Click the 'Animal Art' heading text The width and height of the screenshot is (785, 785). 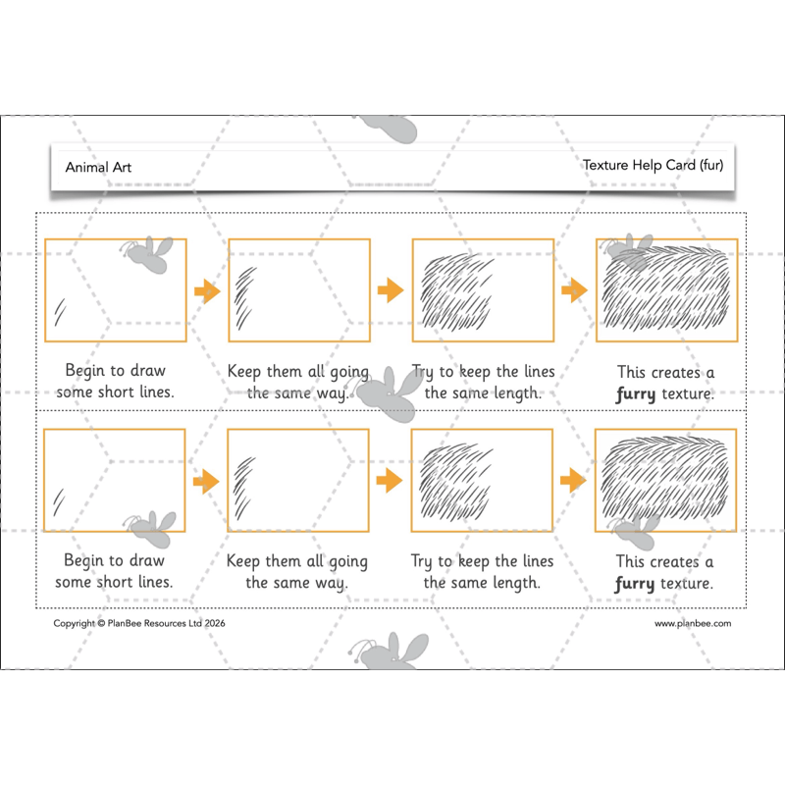click(x=98, y=167)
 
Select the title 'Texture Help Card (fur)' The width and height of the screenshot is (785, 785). click(x=653, y=165)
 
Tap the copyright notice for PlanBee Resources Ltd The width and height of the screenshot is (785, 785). click(x=131, y=623)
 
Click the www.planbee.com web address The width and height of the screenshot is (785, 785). click(x=693, y=623)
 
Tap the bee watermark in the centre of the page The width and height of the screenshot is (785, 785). click(x=389, y=389)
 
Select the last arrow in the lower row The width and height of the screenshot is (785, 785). click(x=574, y=480)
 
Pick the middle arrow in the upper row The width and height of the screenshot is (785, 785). click(x=391, y=290)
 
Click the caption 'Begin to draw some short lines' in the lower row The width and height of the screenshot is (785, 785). click(x=115, y=571)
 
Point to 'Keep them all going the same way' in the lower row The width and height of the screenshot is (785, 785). click(x=297, y=571)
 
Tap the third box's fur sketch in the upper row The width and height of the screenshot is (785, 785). click(x=457, y=290)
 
